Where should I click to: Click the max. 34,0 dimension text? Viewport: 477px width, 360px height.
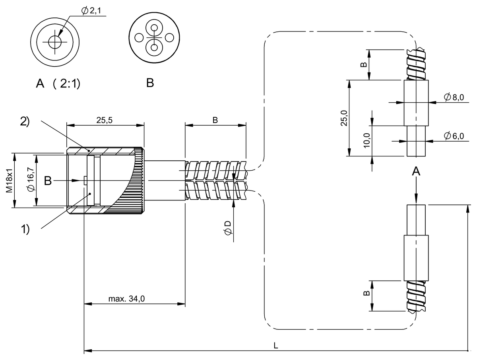pos(126,299)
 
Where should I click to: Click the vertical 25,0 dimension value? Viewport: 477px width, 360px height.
pos(344,118)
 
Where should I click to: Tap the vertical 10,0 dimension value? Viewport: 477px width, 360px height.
pos(366,140)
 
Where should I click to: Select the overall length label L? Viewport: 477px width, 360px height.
pos(275,346)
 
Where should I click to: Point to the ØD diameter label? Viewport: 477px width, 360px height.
pos(228,228)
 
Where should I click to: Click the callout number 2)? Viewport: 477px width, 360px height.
pos(25,122)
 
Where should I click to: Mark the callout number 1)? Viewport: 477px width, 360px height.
pos(25,230)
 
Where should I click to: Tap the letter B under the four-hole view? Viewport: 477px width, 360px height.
pos(150,83)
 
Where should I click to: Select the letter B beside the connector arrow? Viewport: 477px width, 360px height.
pos(48,181)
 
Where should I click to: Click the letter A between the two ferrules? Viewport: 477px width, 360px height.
pos(416,171)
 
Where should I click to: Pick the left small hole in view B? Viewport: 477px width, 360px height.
pos(139,38)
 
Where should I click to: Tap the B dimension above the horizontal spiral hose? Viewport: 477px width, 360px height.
pos(215,120)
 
